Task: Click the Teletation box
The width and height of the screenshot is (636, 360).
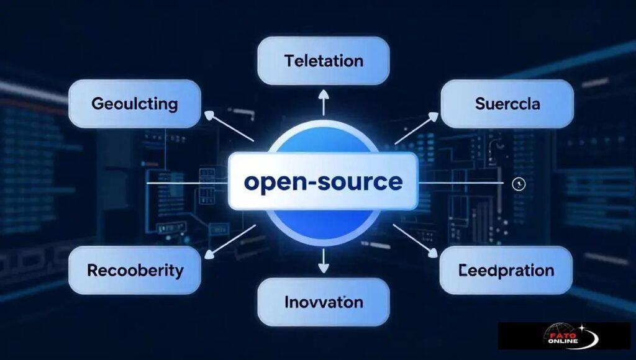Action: [323, 61]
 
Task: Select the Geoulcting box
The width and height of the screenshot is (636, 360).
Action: [134, 104]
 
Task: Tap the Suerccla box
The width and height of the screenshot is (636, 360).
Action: [507, 104]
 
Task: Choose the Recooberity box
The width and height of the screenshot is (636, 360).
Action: [134, 270]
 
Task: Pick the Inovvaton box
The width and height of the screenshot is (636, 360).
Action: [323, 302]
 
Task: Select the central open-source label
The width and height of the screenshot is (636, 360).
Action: [323, 182]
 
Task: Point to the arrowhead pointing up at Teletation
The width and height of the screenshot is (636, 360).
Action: [323, 94]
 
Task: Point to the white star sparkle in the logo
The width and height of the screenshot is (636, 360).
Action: [581, 326]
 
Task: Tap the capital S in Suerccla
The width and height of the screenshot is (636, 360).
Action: [479, 104]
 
